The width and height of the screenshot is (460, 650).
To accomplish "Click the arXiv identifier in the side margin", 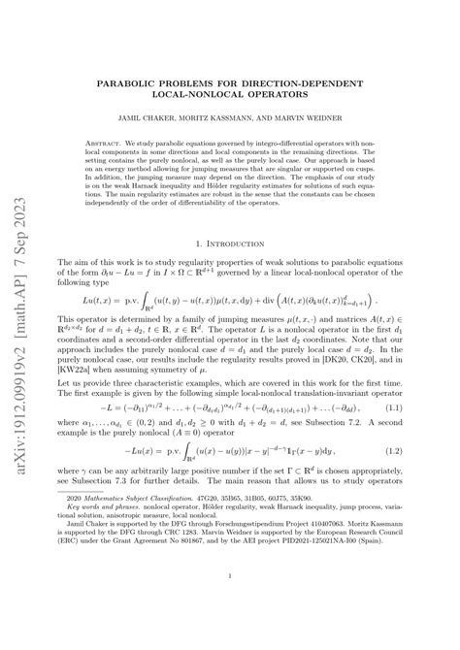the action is point(20,320).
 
